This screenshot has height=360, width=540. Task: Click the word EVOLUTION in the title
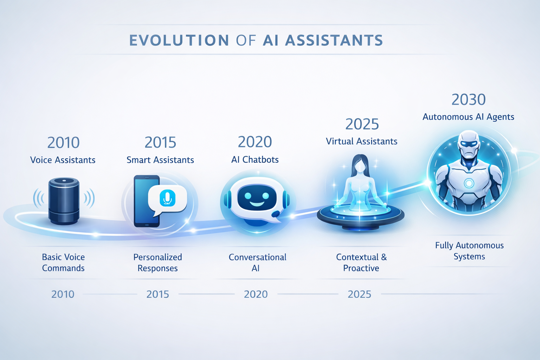click(x=179, y=40)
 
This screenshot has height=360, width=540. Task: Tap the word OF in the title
click(x=246, y=40)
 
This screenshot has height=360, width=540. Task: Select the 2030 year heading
click(x=468, y=100)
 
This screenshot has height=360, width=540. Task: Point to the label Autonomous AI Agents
click(x=468, y=117)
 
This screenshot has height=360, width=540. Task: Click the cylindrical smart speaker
click(x=64, y=201)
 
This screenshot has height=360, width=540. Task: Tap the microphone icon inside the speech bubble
click(x=167, y=198)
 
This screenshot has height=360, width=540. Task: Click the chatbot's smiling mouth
click(x=257, y=204)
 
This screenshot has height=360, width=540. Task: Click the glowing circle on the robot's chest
click(x=469, y=183)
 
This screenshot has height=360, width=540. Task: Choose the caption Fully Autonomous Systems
click(x=469, y=251)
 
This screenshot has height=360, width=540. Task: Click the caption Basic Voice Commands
click(x=63, y=263)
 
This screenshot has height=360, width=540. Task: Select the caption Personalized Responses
click(x=157, y=263)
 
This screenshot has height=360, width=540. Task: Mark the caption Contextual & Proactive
click(x=361, y=263)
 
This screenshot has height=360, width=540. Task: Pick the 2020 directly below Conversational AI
click(x=256, y=294)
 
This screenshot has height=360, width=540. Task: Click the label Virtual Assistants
click(x=361, y=141)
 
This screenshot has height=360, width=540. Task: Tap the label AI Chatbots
click(x=255, y=160)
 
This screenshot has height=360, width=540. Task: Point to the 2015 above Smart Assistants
click(x=160, y=143)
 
